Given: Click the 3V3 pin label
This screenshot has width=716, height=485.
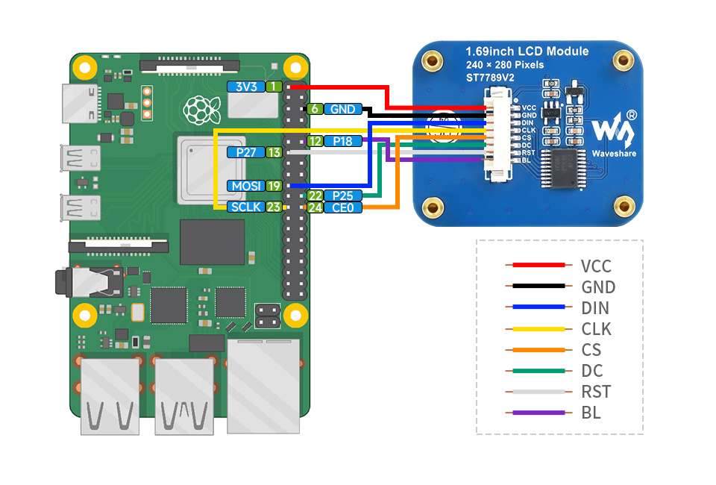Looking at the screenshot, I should click(246, 87).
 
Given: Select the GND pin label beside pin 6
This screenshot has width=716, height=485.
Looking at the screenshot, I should click(342, 109).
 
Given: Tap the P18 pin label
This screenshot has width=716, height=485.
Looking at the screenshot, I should click(342, 140).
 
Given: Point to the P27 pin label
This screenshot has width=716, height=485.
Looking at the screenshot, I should click(246, 152).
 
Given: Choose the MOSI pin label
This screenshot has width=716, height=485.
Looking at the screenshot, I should click(246, 185).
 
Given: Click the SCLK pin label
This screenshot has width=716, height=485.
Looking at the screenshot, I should click(246, 207).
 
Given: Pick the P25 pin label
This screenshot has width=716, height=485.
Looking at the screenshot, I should click(342, 195).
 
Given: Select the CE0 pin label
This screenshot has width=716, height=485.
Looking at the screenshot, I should click(342, 207).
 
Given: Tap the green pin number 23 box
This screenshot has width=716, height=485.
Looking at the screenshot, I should click(274, 207).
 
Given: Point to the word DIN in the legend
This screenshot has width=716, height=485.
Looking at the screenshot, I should click(595, 308).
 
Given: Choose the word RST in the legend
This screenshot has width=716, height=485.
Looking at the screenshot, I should click(595, 392).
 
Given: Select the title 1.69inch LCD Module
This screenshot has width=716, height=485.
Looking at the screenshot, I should click(527, 51).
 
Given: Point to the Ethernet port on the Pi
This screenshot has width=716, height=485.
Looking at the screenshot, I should click(263, 384).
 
